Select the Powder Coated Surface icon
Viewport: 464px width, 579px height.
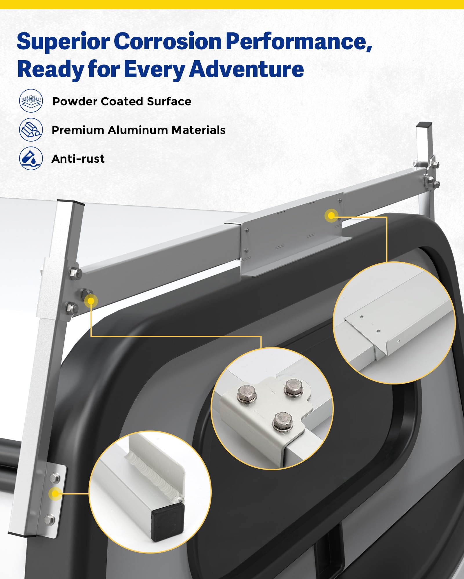point(31,101)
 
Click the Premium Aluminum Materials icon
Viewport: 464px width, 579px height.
point(31,130)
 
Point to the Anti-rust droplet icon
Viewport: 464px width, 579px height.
point(31,158)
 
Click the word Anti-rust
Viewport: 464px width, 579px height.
point(78,159)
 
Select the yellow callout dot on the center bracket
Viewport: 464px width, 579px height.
point(331,216)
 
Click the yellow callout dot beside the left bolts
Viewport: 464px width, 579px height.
point(91,301)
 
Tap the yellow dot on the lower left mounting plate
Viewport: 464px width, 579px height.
point(55,494)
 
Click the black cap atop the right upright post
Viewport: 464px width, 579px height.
point(424,126)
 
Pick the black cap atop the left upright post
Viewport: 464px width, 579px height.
point(71,202)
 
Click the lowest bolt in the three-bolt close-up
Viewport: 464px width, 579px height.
point(283,421)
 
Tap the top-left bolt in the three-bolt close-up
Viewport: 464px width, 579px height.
point(247,393)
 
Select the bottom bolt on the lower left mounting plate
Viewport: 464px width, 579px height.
point(50,519)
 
